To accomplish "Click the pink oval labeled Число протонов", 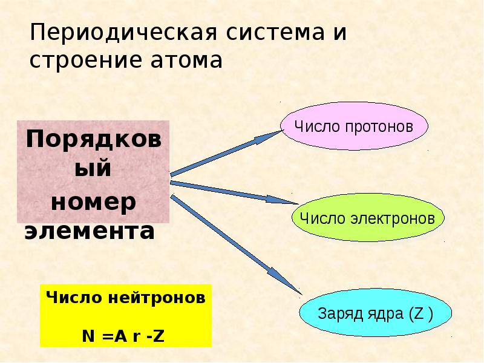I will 355,127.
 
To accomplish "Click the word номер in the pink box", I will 93,202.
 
